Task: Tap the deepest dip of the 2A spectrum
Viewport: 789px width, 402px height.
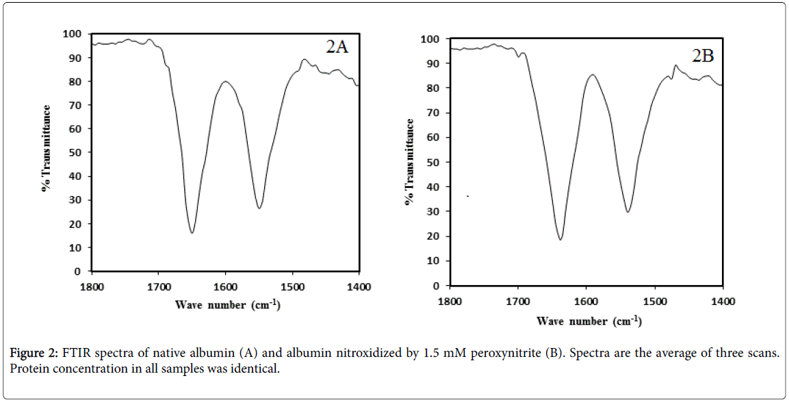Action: (x=192, y=233)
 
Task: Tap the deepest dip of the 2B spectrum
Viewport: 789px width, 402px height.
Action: (x=560, y=239)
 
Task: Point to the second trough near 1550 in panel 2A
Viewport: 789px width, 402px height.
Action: (x=259, y=209)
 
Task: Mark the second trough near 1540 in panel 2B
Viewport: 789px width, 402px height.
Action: (x=628, y=212)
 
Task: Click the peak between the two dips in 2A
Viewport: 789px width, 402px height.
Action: (x=226, y=81)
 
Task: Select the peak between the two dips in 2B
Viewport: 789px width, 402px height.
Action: (x=593, y=75)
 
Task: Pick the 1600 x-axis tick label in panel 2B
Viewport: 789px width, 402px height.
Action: (x=586, y=301)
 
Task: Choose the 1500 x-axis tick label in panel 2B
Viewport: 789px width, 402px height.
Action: (x=655, y=301)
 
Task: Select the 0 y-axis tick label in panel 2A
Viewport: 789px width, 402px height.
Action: (x=79, y=271)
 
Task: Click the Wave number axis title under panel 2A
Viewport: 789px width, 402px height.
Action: (x=228, y=304)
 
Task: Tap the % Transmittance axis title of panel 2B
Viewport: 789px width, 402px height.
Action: (x=410, y=162)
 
